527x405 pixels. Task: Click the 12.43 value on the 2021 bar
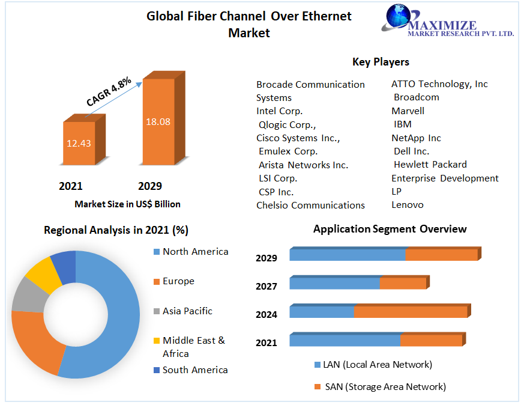click(79, 143)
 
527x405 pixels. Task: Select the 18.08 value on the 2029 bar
click(158, 121)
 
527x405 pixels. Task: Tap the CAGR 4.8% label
click(109, 92)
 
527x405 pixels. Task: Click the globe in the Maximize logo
click(397, 18)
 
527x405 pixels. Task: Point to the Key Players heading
click(381, 62)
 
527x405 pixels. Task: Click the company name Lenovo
click(407, 205)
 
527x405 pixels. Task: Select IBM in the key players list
click(402, 124)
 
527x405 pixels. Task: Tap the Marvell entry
click(408, 111)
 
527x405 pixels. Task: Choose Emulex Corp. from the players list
click(288, 151)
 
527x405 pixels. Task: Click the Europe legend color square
click(156, 281)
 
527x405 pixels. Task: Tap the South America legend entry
click(195, 370)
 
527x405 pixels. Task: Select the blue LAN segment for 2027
click(334, 283)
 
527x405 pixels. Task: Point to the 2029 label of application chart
click(266, 258)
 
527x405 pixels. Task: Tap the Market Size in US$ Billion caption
click(127, 204)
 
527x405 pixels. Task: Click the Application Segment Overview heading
click(390, 229)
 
